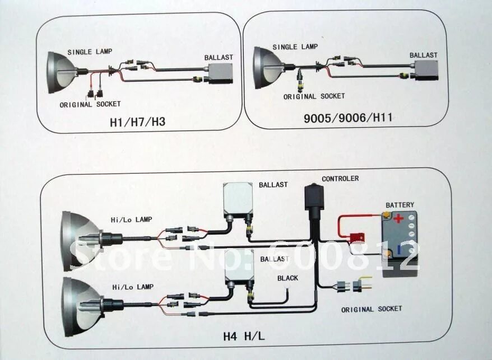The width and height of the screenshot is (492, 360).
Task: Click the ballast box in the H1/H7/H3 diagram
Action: click(x=221, y=72)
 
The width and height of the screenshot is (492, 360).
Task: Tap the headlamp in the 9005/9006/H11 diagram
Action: click(x=263, y=67)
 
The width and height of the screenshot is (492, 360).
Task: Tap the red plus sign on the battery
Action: click(x=398, y=218)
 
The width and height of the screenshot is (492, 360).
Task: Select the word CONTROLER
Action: click(x=340, y=179)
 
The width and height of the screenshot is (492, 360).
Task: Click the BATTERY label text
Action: click(x=400, y=205)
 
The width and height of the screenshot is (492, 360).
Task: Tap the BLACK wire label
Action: click(x=287, y=278)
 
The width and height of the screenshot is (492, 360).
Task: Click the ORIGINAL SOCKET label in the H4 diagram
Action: click(x=372, y=309)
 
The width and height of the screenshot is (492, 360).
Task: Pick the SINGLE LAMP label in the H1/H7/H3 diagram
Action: click(x=90, y=52)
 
